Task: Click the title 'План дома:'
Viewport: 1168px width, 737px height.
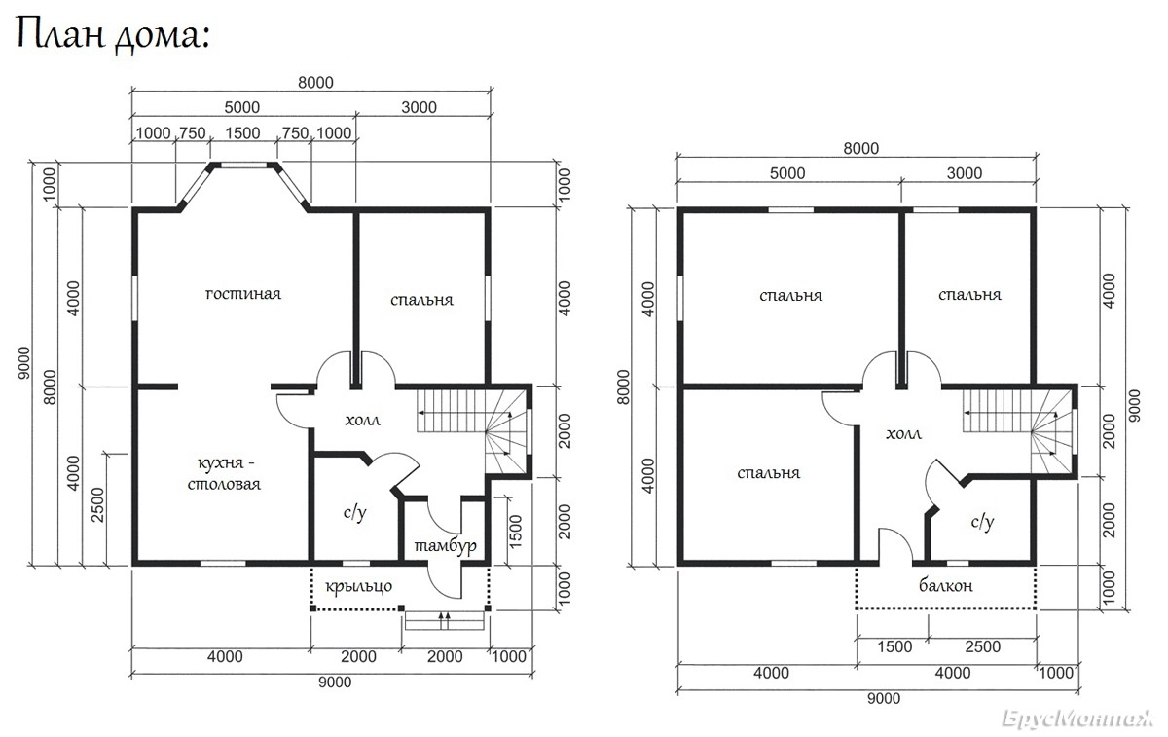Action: tap(113, 35)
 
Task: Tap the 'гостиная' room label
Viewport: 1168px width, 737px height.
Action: tap(243, 294)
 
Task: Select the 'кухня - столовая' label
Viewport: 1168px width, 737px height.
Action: tap(224, 473)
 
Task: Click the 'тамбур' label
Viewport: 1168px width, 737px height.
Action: tap(446, 545)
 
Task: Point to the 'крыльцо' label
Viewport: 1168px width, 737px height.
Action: tap(359, 586)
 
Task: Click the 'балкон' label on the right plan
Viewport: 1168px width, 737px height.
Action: tap(946, 585)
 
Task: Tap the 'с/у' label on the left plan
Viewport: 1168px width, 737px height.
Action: tap(355, 513)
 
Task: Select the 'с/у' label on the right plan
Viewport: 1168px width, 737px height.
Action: tap(983, 521)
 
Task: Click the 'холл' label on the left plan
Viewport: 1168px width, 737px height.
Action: tap(362, 420)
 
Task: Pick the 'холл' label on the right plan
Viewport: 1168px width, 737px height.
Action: tap(903, 433)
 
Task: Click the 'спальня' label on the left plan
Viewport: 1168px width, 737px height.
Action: tap(421, 300)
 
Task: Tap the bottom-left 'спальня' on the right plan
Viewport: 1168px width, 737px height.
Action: tap(769, 473)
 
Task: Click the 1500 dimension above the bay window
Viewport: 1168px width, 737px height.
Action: tap(242, 133)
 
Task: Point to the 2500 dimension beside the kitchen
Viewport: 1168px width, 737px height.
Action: tap(98, 505)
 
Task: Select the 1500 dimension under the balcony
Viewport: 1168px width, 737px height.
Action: tap(894, 646)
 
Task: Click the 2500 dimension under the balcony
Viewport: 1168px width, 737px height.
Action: tap(983, 646)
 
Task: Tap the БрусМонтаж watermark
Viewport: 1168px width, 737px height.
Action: tap(1077, 719)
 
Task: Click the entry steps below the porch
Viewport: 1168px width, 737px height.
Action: tap(445, 621)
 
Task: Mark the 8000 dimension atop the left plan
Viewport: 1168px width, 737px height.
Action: tap(315, 83)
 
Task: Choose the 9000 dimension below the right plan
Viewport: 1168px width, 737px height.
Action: tap(884, 698)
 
